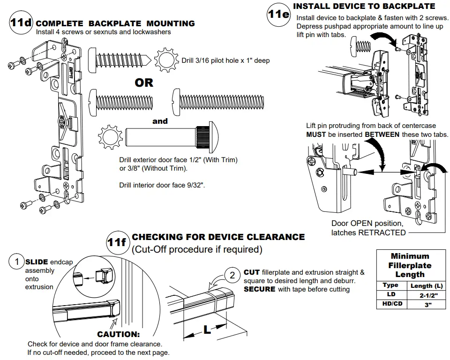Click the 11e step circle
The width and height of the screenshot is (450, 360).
(278, 14)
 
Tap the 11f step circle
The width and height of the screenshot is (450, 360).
(117, 242)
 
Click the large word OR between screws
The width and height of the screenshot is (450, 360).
(144, 83)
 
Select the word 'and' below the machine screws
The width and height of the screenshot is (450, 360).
(160, 121)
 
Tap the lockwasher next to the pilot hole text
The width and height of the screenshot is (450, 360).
(166, 60)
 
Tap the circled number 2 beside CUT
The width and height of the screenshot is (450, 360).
(232, 275)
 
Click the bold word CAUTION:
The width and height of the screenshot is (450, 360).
(119, 334)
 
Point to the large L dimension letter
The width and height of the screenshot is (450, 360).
(207, 330)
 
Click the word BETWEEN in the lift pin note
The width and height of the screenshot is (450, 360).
(382, 135)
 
